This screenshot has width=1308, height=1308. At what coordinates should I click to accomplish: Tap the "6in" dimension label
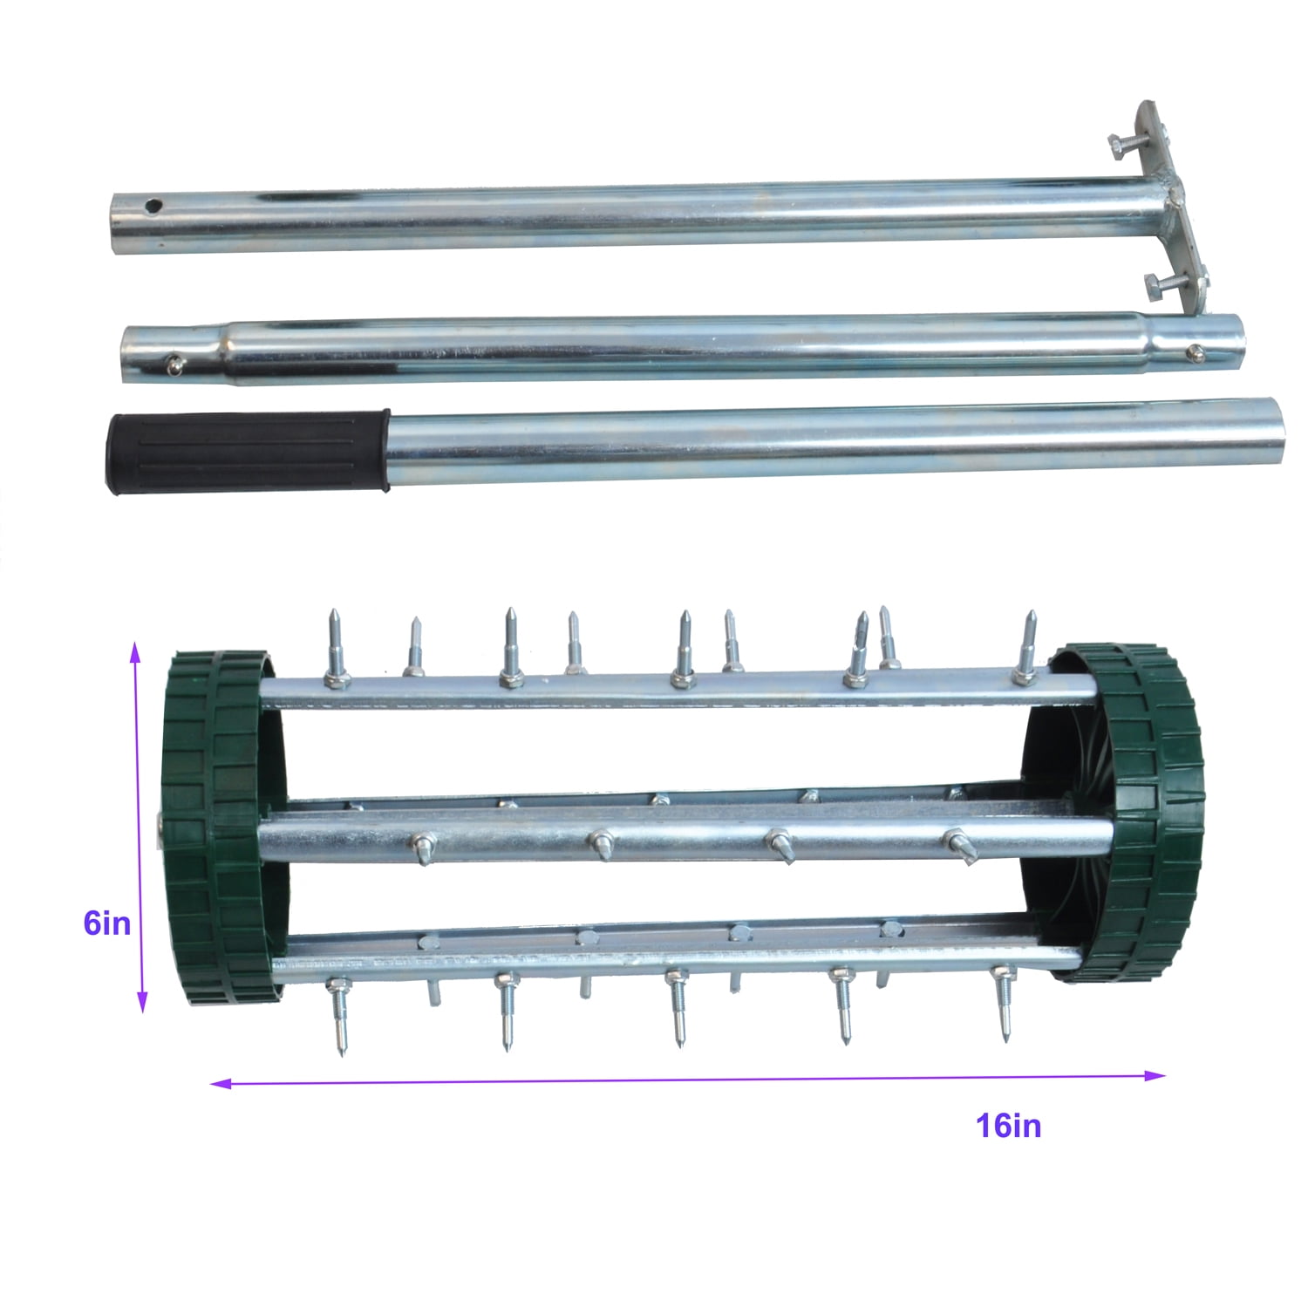pos(106,923)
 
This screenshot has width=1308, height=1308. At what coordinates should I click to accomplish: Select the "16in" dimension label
pos(1008,1126)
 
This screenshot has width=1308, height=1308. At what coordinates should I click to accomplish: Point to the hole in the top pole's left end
pos(153,208)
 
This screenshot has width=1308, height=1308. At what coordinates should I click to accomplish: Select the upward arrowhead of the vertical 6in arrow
pos(135,649)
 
